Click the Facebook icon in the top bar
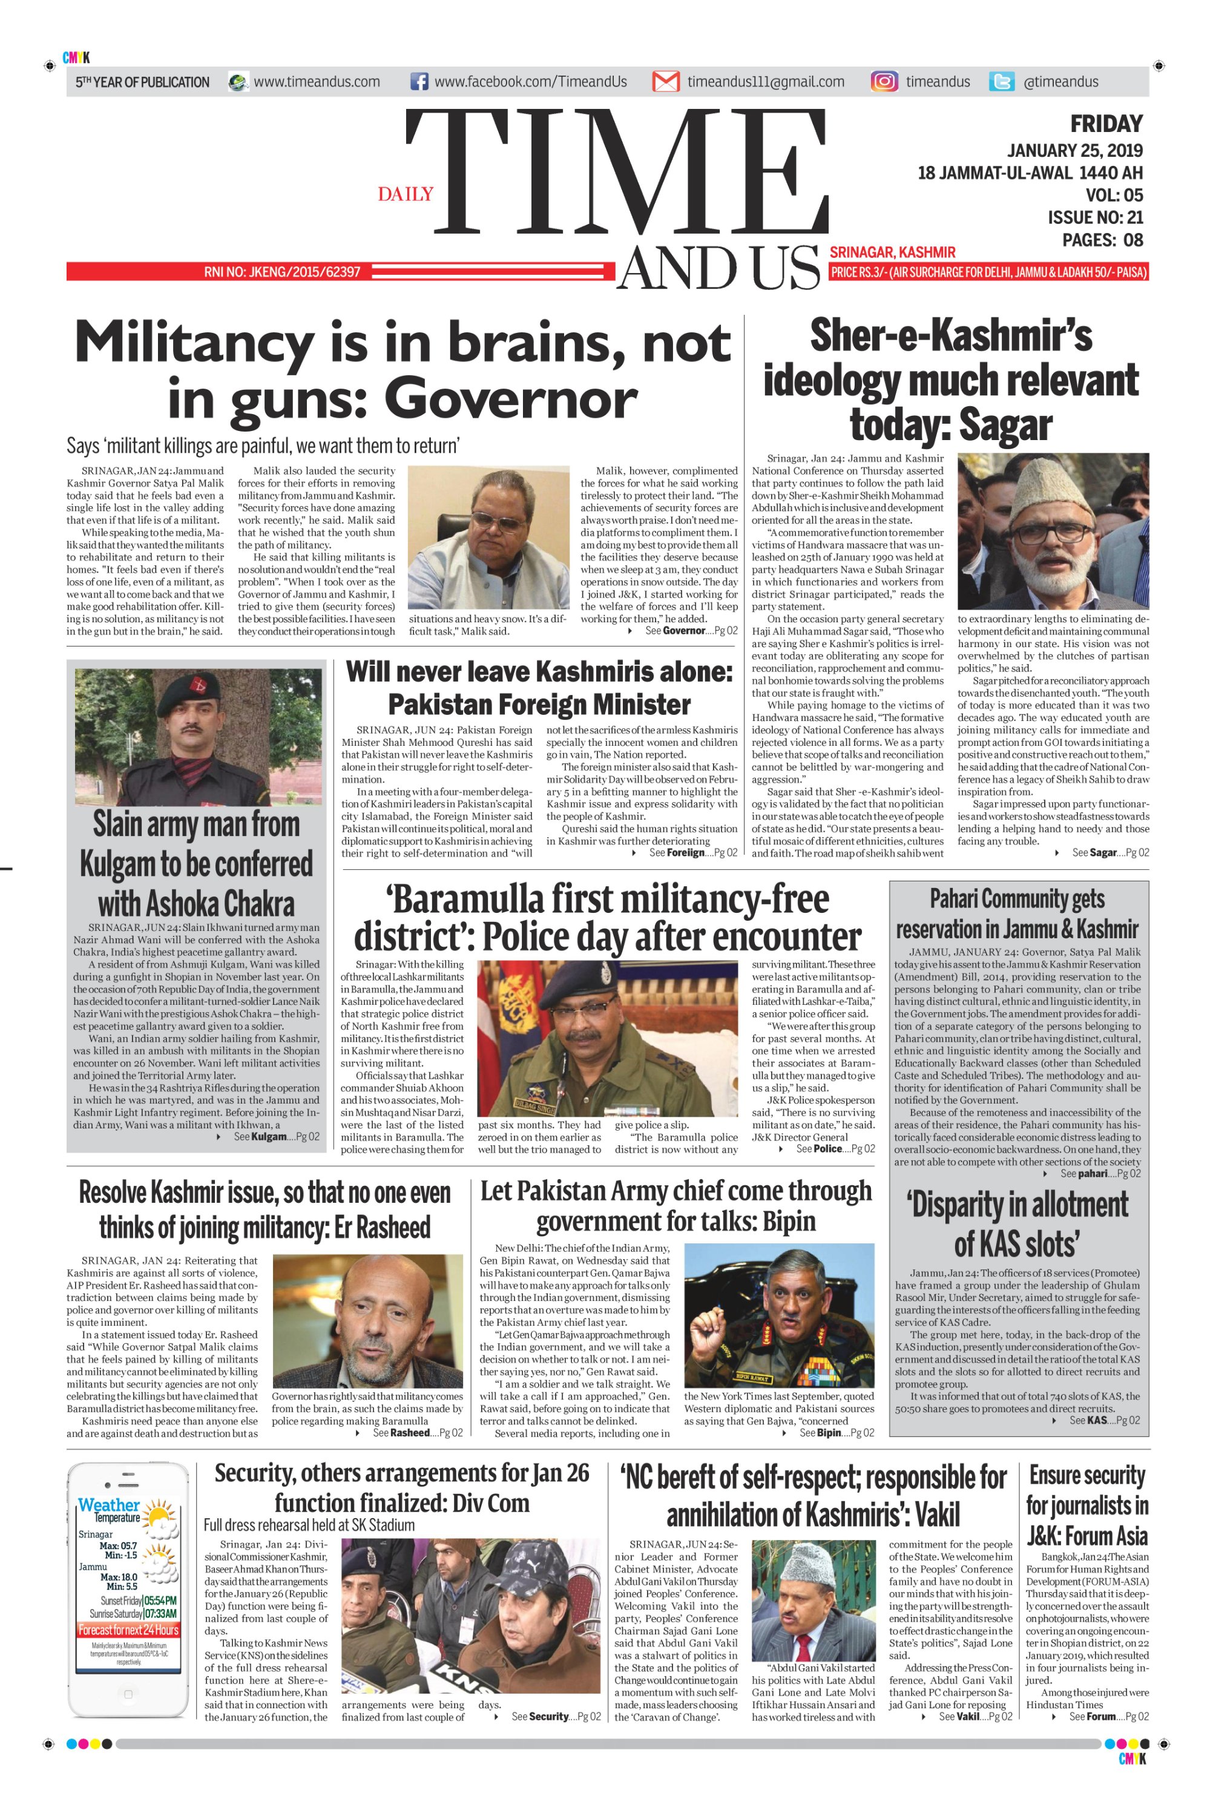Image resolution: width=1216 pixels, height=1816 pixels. [x=419, y=82]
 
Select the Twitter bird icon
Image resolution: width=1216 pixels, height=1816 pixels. [x=1001, y=82]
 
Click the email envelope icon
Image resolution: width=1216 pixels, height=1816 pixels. [x=665, y=82]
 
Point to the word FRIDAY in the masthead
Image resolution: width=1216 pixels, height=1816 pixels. [x=1106, y=124]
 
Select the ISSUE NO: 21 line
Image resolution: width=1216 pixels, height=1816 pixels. [x=1095, y=218]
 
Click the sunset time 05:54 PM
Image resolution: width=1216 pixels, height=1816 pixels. [x=160, y=1601]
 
